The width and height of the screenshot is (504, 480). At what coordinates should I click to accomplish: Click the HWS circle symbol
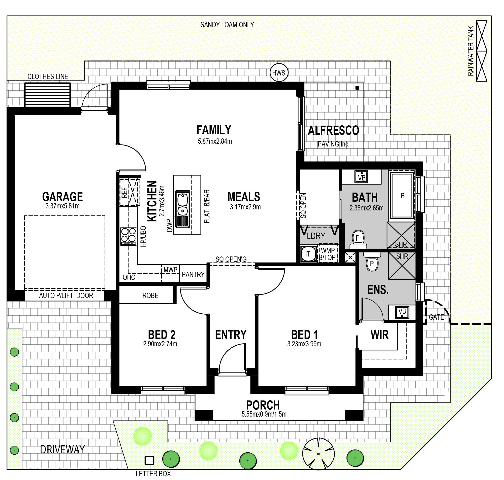(x=279, y=73)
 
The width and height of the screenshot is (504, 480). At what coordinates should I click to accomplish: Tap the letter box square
(x=149, y=461)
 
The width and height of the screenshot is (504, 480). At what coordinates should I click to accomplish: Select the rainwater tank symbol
(x=482, y=51)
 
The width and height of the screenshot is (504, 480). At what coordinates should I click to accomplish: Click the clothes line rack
(x=47, y=95)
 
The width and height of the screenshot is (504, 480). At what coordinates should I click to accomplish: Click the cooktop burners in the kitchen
(x=128, y=236)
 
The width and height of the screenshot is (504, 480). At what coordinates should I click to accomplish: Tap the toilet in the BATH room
(x=358, y=239)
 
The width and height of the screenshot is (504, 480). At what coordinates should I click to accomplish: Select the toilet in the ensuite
(x=372, y=262)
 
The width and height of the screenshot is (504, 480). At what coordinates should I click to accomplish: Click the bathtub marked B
(x=402, y=196)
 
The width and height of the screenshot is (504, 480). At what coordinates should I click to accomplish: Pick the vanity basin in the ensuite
(x=402, y=312)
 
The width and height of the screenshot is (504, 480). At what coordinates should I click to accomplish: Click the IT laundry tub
(x=308, y=254)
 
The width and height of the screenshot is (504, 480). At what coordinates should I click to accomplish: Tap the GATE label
(x=436, y=317)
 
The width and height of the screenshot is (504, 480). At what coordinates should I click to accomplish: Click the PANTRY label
(x=193, y=275)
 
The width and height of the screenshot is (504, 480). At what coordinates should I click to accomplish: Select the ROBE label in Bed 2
(x=150, y=296)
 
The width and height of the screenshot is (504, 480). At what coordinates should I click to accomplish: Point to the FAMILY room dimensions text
(x=215, y=141)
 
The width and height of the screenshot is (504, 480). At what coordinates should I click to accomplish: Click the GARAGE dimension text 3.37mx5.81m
(x=62, y=206)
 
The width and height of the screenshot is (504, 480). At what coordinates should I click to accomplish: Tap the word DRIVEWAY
(x=62, y=449)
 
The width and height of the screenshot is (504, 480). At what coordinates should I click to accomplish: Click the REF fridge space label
(x=124, y=192)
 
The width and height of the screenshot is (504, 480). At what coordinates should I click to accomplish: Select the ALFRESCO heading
(x=333, y=130)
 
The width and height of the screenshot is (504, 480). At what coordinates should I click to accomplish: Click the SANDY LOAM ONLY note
(x=227, y=25)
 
